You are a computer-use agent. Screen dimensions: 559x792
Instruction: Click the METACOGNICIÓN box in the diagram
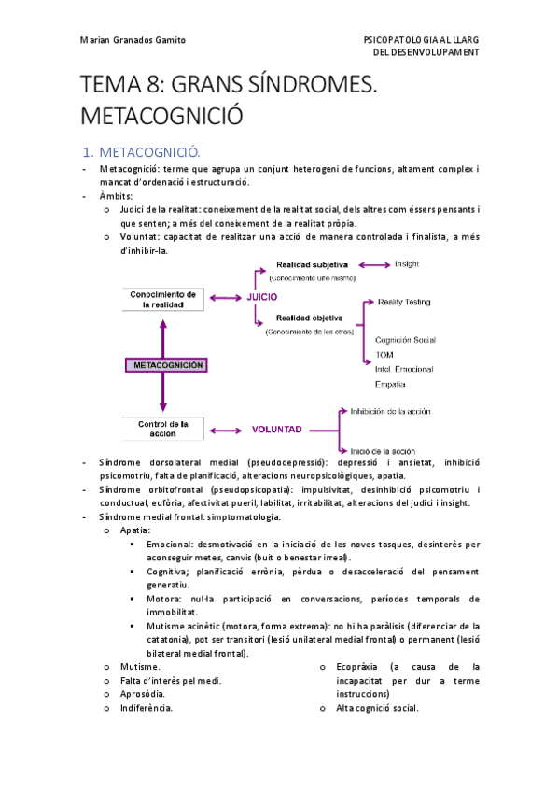tap(163, 365)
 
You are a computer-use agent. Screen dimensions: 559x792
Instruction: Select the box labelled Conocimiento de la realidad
tap(163, 299)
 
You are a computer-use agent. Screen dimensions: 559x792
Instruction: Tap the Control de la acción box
tap(163, 430)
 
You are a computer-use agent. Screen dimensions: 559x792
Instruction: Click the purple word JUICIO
tap(262, 298)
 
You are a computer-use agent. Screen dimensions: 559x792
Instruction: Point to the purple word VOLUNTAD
tap(276, 431)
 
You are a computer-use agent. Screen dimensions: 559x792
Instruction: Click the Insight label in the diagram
tap(407, 264)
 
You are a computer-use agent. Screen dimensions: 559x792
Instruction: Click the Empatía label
tap(390, 384)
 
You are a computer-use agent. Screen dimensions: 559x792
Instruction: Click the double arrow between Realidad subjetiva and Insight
tap(374, 265)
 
